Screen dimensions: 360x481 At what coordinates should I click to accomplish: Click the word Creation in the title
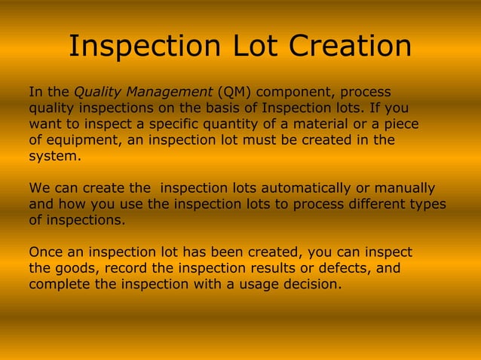[350, 47]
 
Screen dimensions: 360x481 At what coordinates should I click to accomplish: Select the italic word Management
[170, 93]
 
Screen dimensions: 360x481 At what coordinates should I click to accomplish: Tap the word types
[425, 203]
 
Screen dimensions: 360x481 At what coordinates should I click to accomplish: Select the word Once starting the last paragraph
[46, 252]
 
